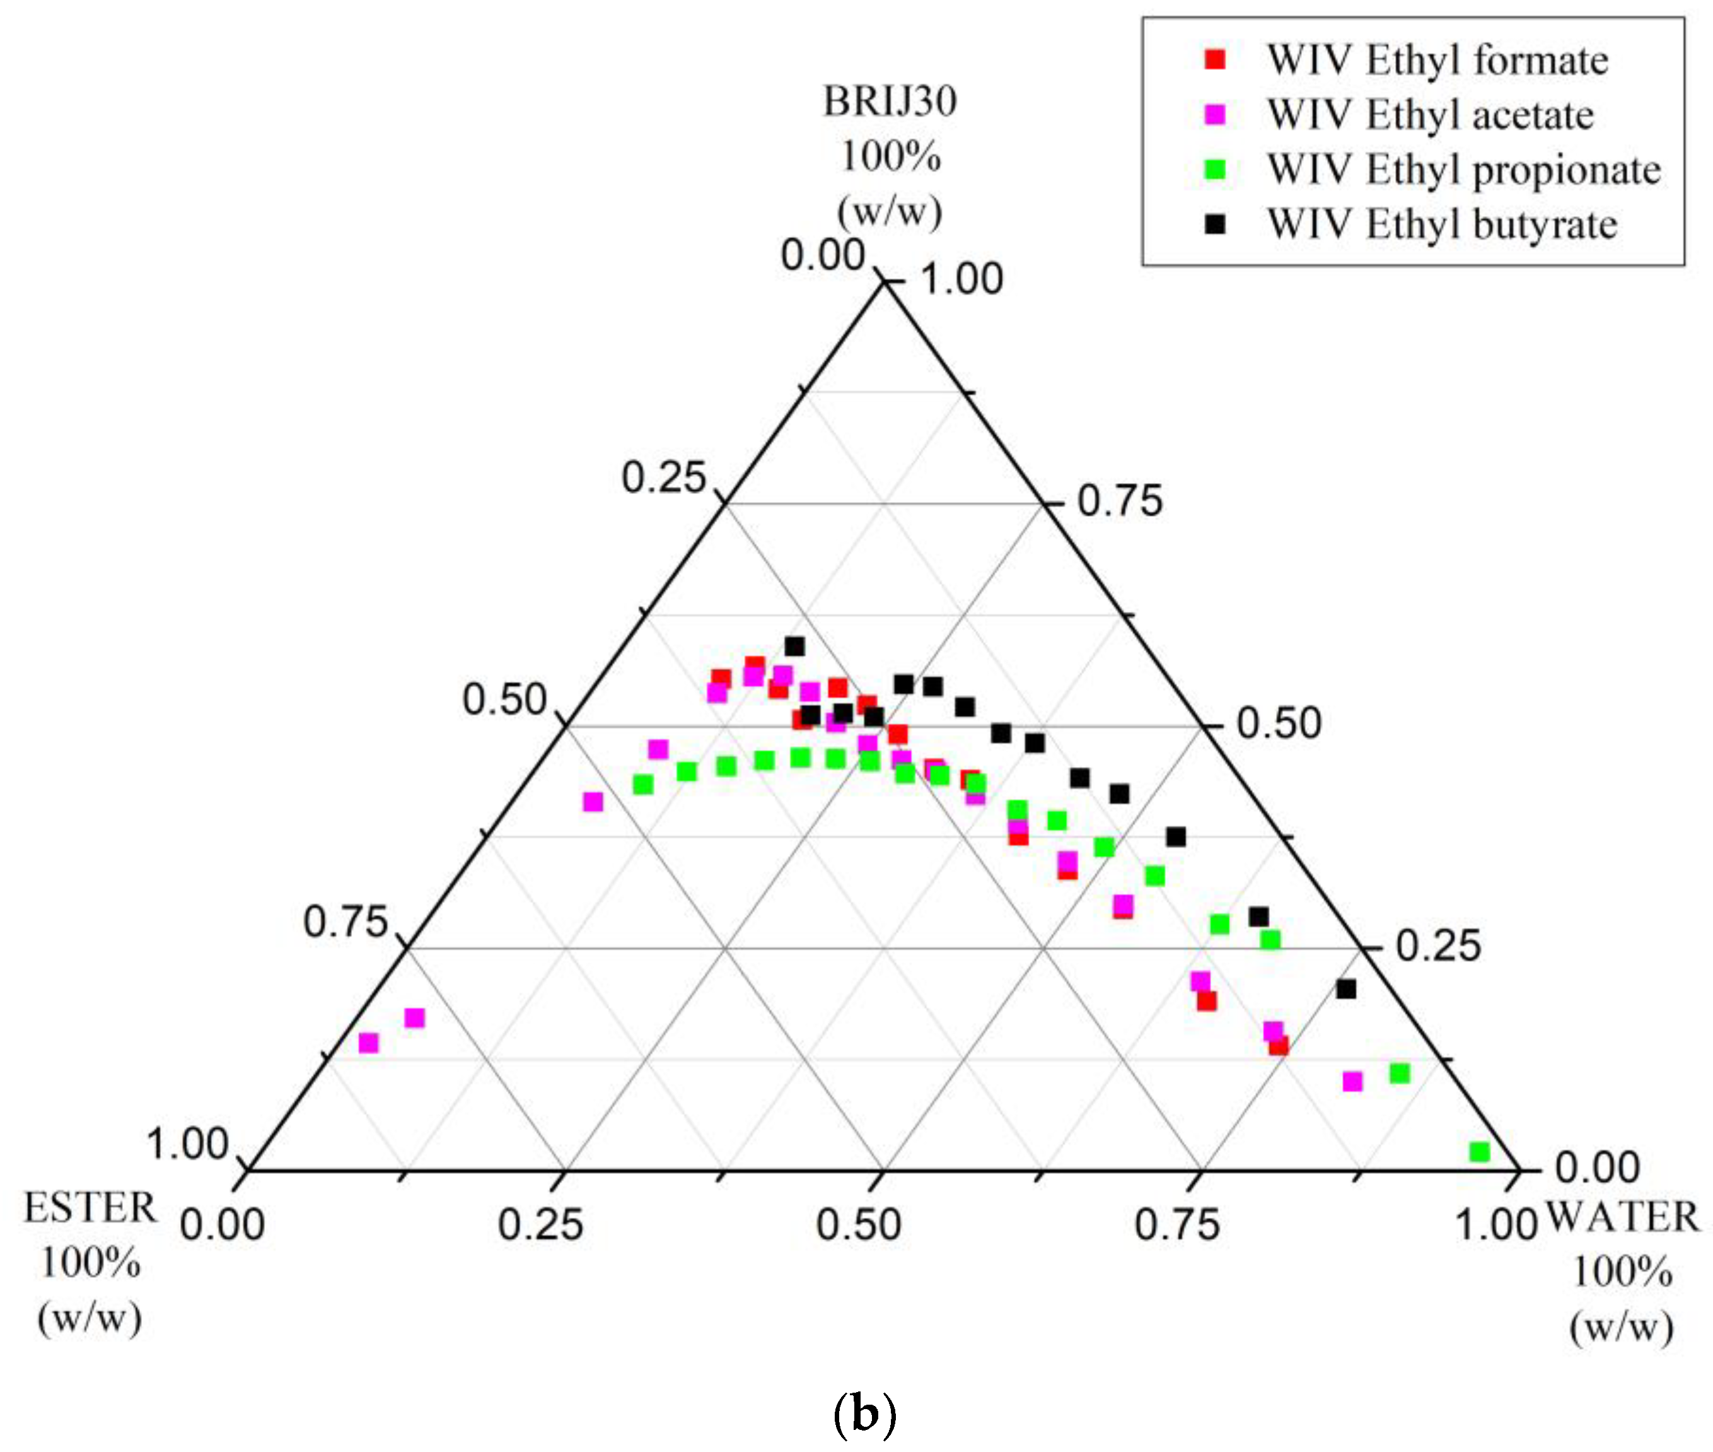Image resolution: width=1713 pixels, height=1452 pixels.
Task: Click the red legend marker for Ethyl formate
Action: click(x=1214, y=59)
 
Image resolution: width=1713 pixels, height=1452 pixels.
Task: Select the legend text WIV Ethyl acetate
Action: click(x=1430, y=114)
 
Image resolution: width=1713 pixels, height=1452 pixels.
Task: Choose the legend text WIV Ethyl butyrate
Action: click(x=1441, y=224)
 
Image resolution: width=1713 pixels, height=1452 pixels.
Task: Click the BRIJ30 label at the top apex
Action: click(x=890, y=102)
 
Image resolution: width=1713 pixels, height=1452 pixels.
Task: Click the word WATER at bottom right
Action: click(x=1622, y=1217)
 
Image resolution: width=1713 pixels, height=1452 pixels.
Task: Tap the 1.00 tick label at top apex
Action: click(x=961, y=279)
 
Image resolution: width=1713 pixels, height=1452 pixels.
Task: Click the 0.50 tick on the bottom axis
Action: click(x=858, y=1225)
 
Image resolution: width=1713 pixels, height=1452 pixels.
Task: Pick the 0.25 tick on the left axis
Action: click(x=663, y=477)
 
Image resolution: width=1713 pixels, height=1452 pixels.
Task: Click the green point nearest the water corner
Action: click(x=1479, y=1152)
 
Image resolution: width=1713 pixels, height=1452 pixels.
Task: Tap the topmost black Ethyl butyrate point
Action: click(x=794, y=646)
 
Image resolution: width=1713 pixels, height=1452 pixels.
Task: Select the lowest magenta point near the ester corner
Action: click(x=369, y=1043)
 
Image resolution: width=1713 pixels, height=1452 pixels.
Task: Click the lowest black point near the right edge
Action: click(x=1346, y=990)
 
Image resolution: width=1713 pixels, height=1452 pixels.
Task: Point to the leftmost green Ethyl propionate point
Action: click(x=644, y=785)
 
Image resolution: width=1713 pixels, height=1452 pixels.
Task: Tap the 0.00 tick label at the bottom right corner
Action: click(x=1597, y=1167)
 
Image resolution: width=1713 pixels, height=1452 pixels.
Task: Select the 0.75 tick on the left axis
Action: click(x=345, y=922)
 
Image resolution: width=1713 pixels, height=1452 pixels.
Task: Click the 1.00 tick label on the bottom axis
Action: click(x=1495, y=1225)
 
